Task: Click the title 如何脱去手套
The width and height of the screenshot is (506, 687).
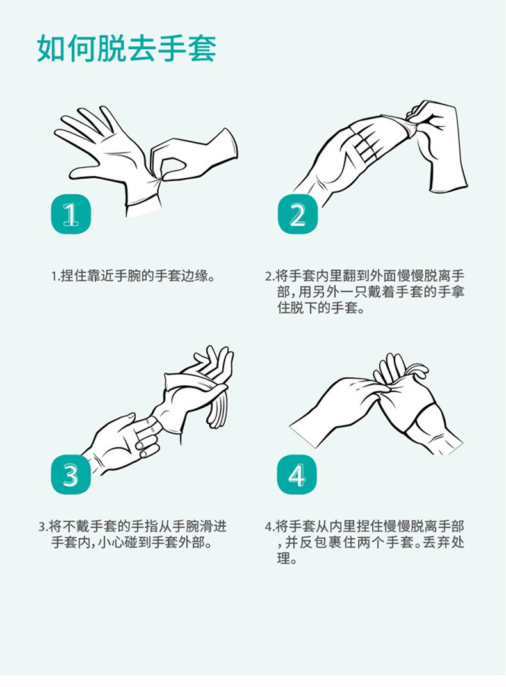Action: [x=127, y=49]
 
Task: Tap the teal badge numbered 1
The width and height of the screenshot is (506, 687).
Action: [x=71, y=214]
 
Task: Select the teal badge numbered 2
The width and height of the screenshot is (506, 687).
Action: [x=298, y=214]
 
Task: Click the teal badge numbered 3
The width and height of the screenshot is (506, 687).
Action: [x=71, y=475]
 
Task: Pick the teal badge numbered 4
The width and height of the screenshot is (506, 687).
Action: [x=297, y=475]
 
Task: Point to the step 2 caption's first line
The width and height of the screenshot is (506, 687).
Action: [x=364, y=276]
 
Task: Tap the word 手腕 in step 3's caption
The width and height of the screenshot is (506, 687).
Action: [x=186, y=526]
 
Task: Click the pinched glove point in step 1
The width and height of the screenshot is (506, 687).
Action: [x=158, y=179]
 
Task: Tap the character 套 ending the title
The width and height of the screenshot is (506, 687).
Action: [x=202, y=49]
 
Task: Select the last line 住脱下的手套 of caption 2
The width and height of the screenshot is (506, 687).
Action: [x=322, y=308]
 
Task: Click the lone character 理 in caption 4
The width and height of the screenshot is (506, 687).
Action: [x=284, y=559]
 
